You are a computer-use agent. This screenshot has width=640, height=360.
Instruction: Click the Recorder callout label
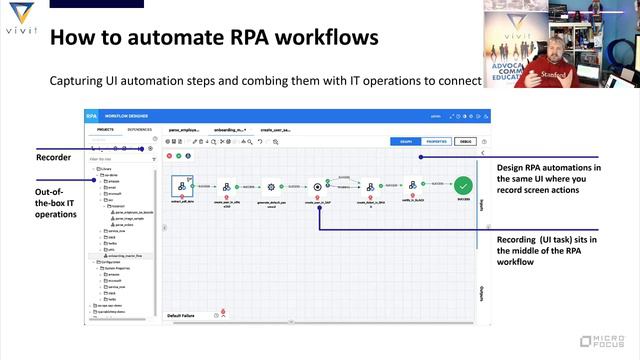pyautogui.click(x=54, y=158)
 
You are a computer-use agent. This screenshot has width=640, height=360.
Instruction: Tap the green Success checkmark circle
pyautogui.click(x=462, y=185)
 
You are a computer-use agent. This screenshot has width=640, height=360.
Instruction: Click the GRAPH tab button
pyautogui.click(x=403, y=142)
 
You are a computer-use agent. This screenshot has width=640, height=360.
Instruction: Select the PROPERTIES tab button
pyautogui.click(x=436, y=142)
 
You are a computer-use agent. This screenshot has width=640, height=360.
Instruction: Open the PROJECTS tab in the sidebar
pyautogui.click(x=104, y=130)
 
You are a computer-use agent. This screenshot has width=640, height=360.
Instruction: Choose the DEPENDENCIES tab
pyautogui.click(x=140, y=130)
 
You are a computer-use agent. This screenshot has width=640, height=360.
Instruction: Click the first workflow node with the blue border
pyautogui.click(x=181, y=186)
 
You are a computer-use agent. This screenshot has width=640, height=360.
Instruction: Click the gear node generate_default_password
pyautogui.click(x=270, y=186)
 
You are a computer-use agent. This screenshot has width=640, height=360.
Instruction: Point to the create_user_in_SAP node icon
pyautogui.click(x=317, y=186)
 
